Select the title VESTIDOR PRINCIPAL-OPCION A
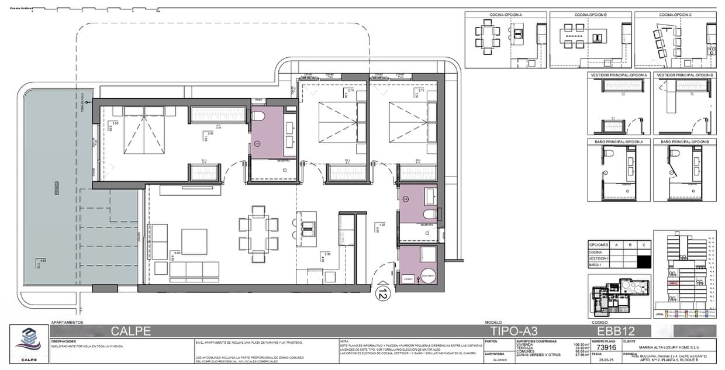619,75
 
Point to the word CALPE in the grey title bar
131,331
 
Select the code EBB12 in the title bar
612,331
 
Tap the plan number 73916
607,346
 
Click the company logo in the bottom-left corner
28,343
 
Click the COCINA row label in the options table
596,252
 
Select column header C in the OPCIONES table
643,244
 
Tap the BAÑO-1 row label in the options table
596,265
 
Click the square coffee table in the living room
194,241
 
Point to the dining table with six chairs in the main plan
258,233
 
